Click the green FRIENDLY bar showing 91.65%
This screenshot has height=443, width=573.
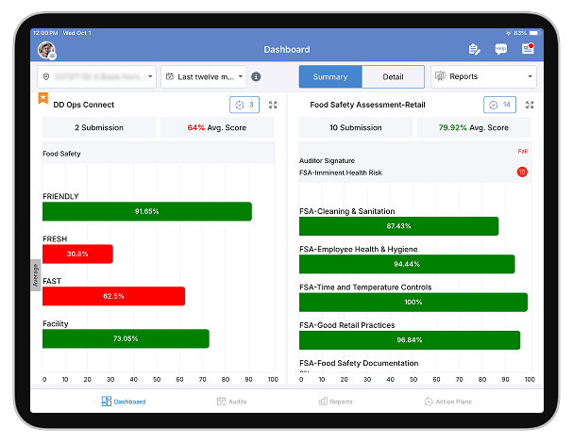click(146, 211)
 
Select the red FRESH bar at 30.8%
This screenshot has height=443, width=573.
click(77, 254)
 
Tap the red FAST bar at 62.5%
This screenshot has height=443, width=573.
click(113, 296)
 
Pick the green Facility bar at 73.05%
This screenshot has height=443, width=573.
click(126, 338)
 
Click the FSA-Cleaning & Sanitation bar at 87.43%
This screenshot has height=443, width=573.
click(398, 226)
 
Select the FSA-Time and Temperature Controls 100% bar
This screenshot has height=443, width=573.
click(413, 302)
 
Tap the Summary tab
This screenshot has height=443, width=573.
click(330, 77)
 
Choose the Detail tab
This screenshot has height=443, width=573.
click(393, 77)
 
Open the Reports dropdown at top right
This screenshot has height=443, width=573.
click(483, 77)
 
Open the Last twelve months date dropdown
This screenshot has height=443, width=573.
click(204, 77)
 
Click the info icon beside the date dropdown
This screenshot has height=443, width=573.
click(256, 77)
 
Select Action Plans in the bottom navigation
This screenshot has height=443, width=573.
click(447, 402)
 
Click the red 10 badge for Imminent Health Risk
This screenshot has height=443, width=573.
click(522, 172)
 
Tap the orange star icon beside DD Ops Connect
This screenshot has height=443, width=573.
click(42, 97)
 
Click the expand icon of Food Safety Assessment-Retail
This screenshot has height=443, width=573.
click(530, 106)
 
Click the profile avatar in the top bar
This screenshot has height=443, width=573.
click(45, 50)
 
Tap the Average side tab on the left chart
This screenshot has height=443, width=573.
click(36, 274)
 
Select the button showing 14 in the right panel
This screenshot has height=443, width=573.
click(499, 106)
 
